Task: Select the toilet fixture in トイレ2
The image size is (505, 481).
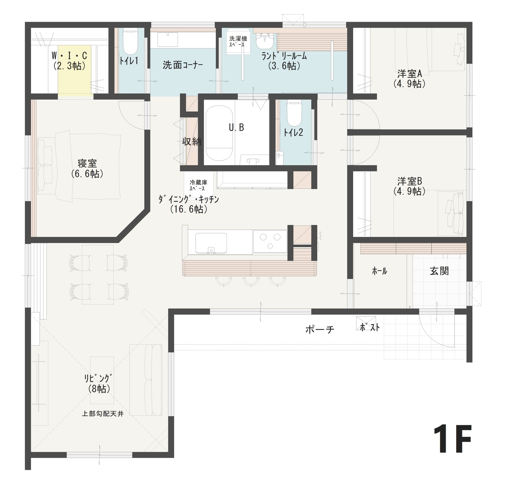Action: [x=295, y=113]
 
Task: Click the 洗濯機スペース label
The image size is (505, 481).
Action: [x=238, y=41]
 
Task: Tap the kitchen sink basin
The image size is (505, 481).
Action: [x=211, y=243]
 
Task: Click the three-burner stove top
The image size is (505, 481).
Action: [x=270, y=241]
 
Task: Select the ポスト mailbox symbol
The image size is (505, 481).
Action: [x=366, y=323]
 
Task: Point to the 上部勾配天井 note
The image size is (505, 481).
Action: [x=103, y=414]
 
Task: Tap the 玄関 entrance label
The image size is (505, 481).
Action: [x=439, y=271]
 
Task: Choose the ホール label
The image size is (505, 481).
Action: [x=379, y=271]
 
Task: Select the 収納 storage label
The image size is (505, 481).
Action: [x=192, y=141]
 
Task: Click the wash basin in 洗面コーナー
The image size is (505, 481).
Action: [x=168, y=40]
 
